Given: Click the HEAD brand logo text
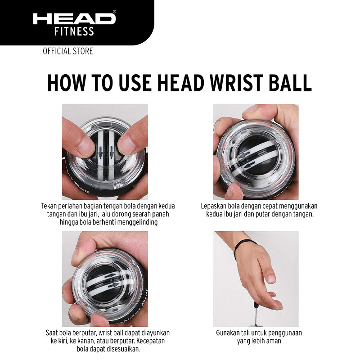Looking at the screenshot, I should coord(74,18).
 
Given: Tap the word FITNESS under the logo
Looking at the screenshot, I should coord(74,31).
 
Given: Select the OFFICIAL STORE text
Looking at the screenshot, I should coord(68,51).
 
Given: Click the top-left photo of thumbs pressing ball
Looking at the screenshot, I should coord(105,152).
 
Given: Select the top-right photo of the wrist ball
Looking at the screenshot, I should coord(256,152).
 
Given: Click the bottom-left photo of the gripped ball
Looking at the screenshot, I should coord(105,279).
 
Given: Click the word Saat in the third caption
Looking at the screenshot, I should coord(53,333).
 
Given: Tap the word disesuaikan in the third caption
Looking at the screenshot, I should coord(122,349).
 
